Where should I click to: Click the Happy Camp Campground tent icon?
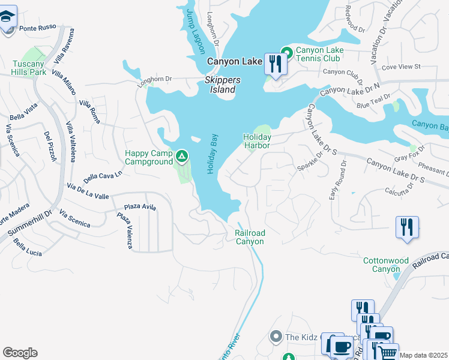[182, 158]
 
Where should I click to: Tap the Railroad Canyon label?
[249, 237]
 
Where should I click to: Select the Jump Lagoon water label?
[195, 31]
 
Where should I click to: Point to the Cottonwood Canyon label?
[386, 265]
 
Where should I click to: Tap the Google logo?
[19, 353]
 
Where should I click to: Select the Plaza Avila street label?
[140, 207]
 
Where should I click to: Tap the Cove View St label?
[401, 67]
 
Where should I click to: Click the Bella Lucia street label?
[28, 249]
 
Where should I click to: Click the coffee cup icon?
[342, 347]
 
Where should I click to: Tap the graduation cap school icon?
[7, 17]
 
